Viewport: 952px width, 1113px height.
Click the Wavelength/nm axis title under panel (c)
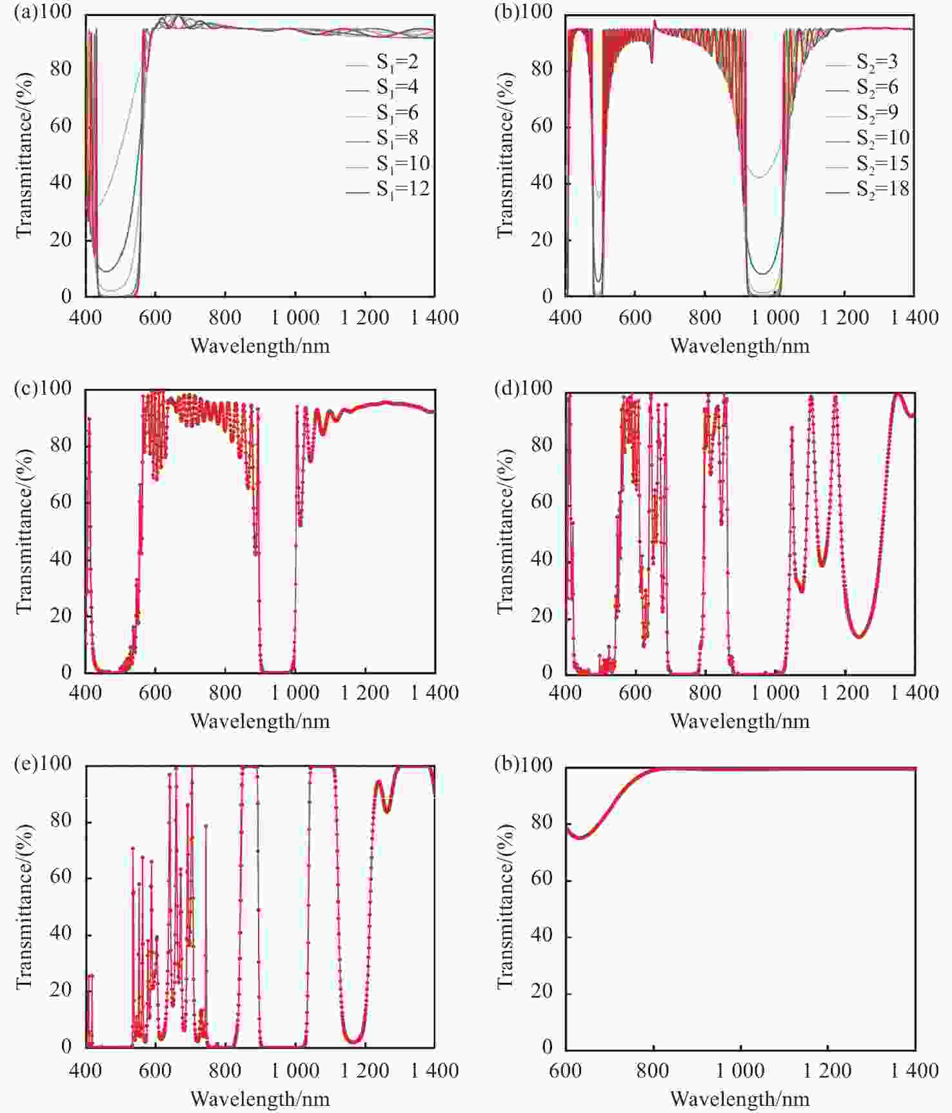[x=260, y=721]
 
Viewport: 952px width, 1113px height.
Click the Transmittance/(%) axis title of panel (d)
[x=506, y=531]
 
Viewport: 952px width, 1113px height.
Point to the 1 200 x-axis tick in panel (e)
[x=365, y=1071]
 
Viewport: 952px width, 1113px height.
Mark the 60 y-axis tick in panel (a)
[x=61, y=125]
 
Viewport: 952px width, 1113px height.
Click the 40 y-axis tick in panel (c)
[x=61, y=558]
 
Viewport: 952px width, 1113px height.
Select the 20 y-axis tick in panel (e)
[x=61, y=990]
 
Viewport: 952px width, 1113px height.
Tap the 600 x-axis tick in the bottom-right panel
[x=566, y=1071]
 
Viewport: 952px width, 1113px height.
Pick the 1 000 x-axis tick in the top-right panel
[x=775, y=317]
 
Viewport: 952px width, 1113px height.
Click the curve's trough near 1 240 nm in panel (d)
[x=859, y=637]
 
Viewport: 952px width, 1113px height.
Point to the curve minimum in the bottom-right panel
[x=579, y=838]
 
